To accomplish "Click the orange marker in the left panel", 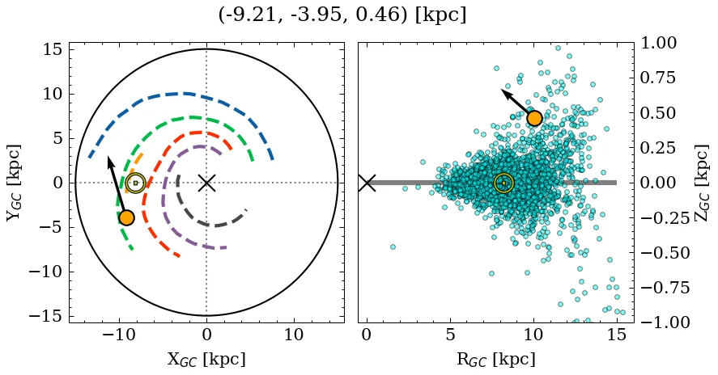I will pos(125,217).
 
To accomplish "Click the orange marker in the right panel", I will pos(533,118).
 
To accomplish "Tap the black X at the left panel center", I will pos(206,183).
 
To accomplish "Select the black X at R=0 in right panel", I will pos(367,183).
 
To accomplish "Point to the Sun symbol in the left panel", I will pos(135,183).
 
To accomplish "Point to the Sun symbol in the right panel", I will pos(503,183).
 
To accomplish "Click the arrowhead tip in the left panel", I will pos(108,156).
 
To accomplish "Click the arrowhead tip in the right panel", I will pos(502,91).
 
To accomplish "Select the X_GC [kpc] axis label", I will pos(206,360).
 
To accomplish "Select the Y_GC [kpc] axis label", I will pos(15,183).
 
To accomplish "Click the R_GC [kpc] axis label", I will pos(495,360).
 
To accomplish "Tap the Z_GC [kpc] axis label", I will pos(702,183).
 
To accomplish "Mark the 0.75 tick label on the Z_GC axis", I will pos(664,78).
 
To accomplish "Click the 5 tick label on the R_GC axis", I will pos(450,335).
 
